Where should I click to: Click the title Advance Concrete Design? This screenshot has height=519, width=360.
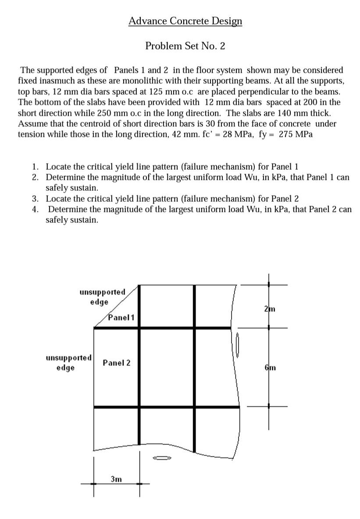(x=185, y=21)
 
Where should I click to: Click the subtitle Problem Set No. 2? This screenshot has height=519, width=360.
(x=185, y=46)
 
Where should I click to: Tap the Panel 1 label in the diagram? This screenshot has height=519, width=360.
(x=121, y=317)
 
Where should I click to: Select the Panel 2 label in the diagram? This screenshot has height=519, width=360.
(x=116, y=363)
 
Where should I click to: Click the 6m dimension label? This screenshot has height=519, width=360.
(x=270, y=368)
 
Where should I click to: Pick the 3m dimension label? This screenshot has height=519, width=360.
(x=116, y=479)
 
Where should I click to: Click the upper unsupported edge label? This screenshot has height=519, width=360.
(x=102, y=297)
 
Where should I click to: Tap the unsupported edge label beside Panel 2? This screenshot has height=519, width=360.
(x=68, y=362)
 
